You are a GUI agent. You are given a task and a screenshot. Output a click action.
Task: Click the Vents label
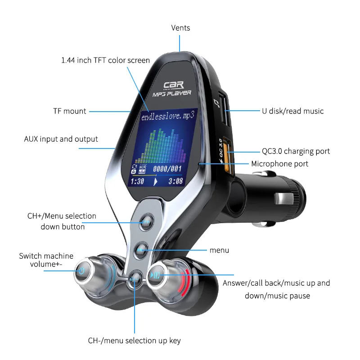tap(180, 28)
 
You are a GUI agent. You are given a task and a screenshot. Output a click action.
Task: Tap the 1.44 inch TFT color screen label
tap(105, 60)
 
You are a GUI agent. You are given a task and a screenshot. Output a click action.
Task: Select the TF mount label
tap(69, 111)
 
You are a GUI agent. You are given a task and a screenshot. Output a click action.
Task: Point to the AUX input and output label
tap(61, 139)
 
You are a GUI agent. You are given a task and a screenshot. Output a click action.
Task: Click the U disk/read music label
tap(292, 111)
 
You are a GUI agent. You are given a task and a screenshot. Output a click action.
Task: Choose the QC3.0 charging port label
tap(296, 151)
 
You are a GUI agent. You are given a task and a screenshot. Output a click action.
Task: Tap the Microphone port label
tap(279, 164)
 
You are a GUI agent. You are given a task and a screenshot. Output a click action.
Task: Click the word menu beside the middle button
tap(219, 250)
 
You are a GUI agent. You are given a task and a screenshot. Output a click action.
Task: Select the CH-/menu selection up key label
tap(134, 341)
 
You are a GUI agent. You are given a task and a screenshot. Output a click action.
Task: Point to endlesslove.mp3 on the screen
tap(168, 116)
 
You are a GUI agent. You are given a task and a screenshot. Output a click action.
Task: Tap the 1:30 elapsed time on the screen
tap(137, 181)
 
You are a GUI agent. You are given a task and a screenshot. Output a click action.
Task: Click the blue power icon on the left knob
tap(81, 271)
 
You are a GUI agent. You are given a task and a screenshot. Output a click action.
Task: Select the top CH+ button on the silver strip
tap(146, 221)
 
